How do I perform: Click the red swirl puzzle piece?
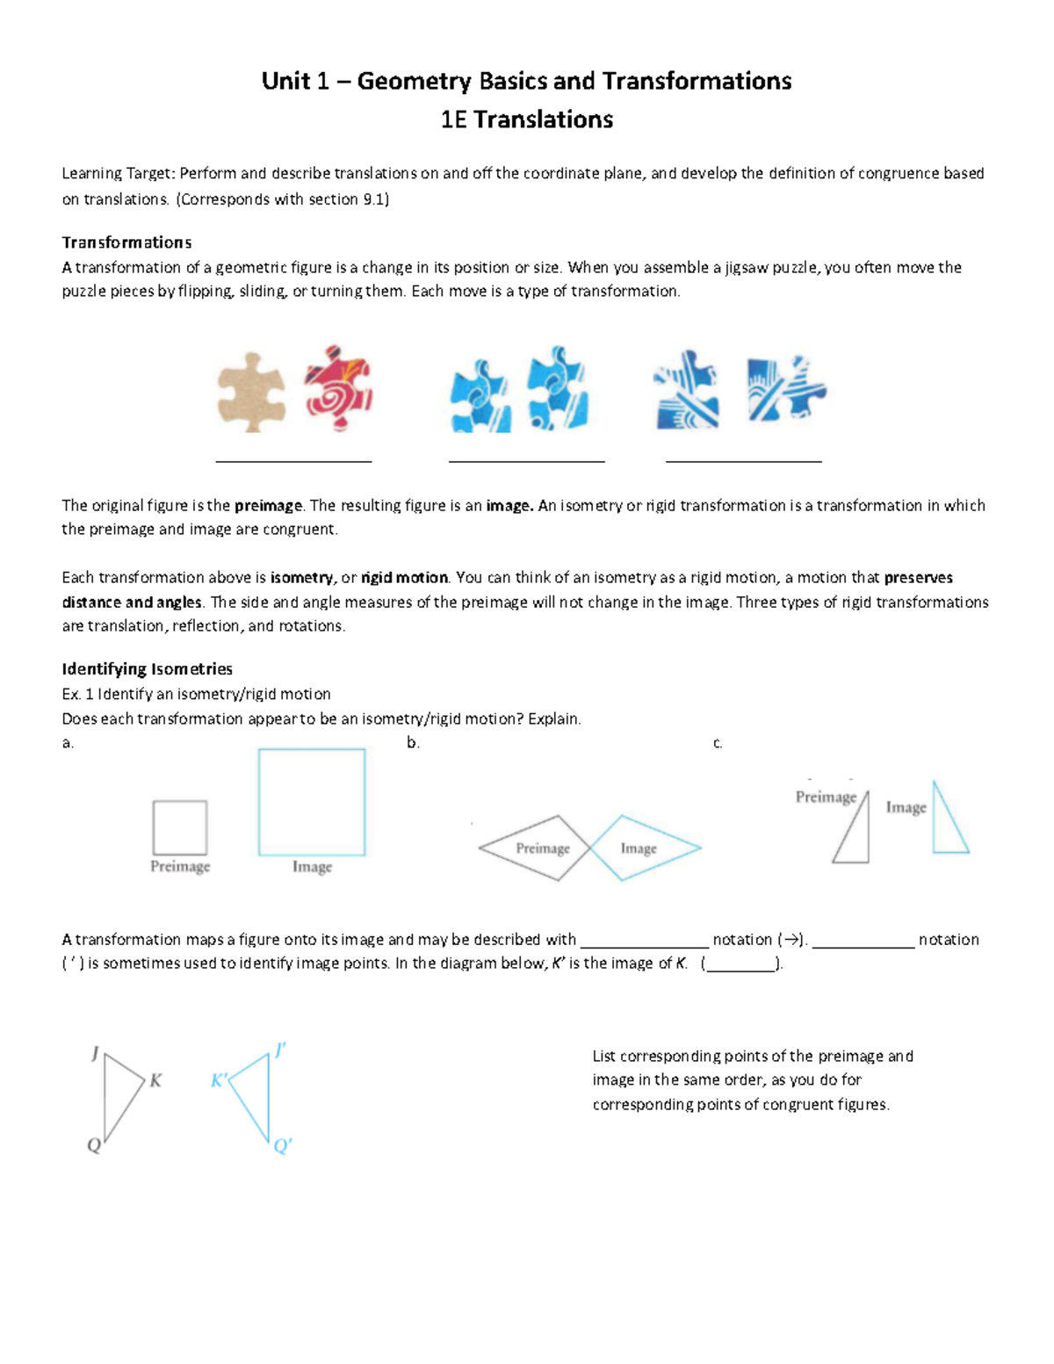coord(338,387)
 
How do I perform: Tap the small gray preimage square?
coord(180,827)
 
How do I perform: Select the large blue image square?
coord(312,802)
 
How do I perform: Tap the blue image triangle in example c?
coord(946,826)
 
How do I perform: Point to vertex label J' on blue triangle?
coord(280,1050)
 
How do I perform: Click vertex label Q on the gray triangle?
coord(94,1145)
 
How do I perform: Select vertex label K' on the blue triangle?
coord(219,1080)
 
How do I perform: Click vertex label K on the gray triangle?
coord(155,1080)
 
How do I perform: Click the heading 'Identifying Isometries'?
coord(147,668)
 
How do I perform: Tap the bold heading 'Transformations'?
coord(126,242)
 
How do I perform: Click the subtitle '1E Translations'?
coord(526,119)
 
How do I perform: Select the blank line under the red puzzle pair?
coord(293,459)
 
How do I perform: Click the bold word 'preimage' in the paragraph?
coord(268,505)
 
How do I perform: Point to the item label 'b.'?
coord(413,743)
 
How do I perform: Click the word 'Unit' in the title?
coord(286,82)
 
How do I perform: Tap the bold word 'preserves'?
coord(918,577)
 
